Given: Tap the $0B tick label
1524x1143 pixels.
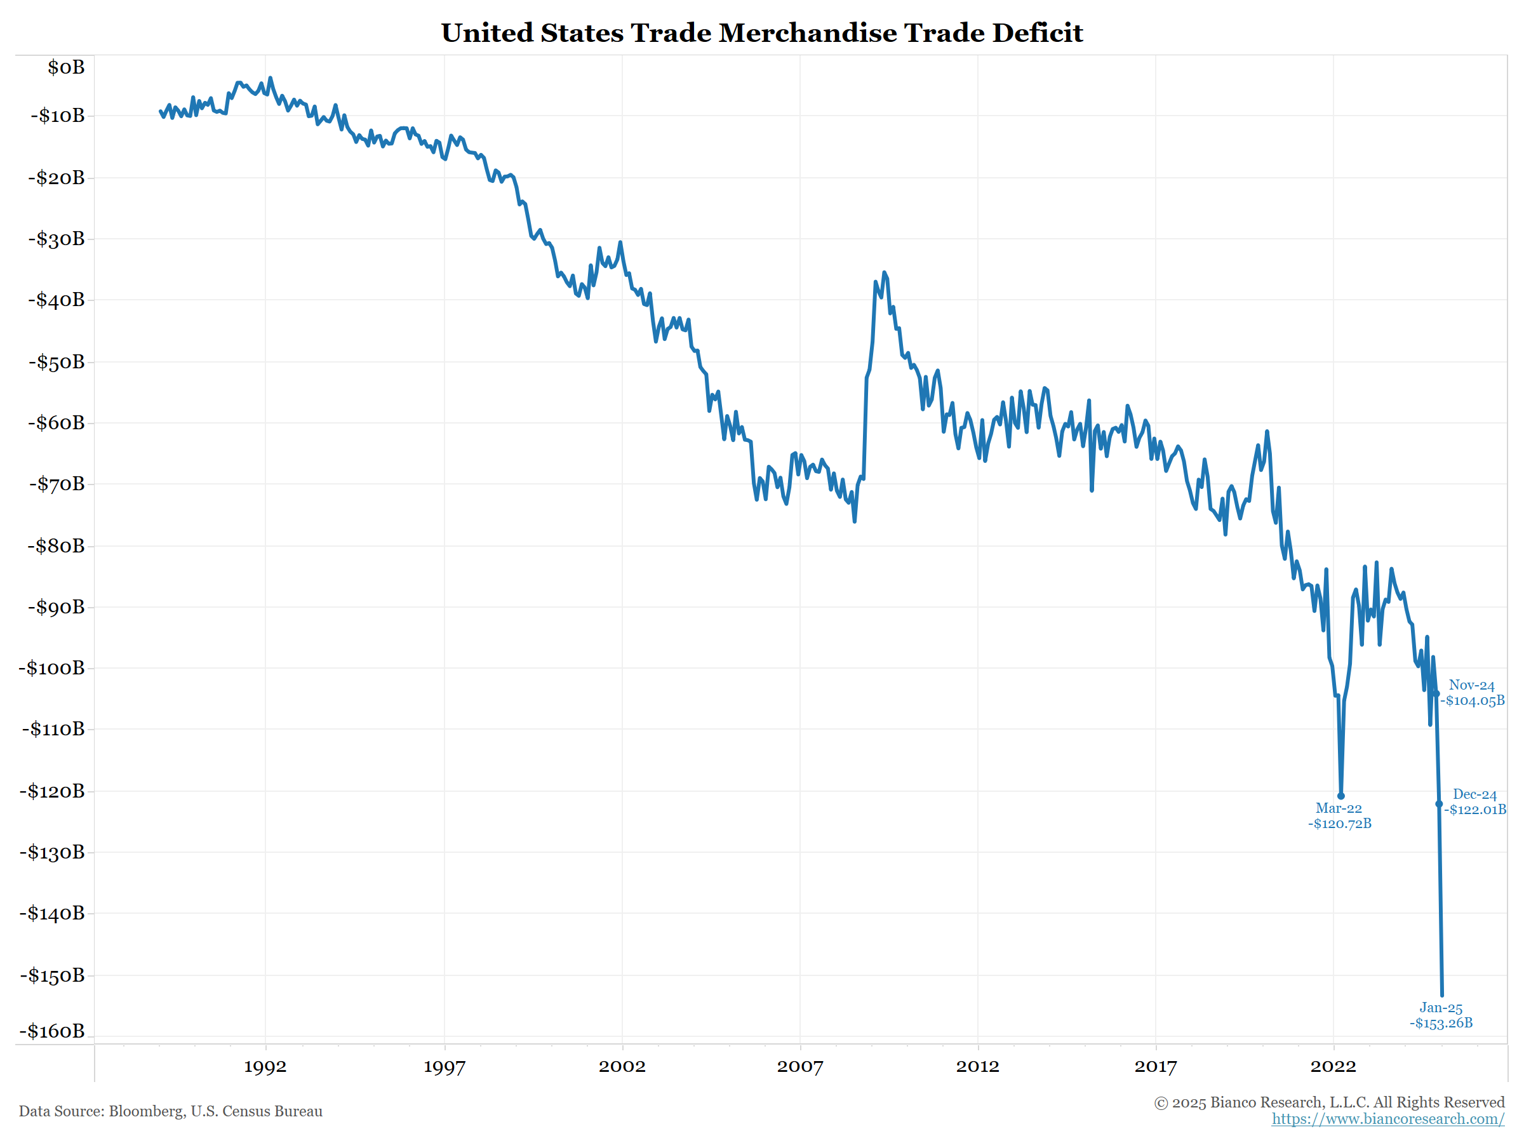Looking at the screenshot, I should [66, 67].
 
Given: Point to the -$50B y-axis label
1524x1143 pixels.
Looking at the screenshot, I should [57, 362].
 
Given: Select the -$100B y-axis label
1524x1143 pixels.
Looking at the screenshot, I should [51, 667].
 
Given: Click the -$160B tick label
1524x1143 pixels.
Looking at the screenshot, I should [51, 1031].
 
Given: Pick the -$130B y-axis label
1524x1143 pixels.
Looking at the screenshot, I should [51, 852].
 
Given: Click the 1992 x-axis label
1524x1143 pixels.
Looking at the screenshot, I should [265, 1067].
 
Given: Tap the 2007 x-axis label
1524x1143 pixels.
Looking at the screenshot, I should [800, 1067].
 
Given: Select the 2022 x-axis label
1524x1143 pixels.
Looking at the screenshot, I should [1333, 1067].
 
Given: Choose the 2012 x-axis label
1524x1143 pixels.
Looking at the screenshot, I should [978, 1067].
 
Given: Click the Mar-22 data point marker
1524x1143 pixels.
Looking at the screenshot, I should [1340, 796].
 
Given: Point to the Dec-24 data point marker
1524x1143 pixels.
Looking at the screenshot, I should [1438, 804].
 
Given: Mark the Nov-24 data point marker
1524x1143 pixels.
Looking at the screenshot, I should [1436, 694].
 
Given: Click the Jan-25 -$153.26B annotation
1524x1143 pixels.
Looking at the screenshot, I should [1441, 1015].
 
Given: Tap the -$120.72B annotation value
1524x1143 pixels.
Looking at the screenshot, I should [1339, 824].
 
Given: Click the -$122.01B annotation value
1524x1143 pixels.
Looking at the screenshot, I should [1475, 810].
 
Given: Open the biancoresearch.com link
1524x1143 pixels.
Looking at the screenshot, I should [1387, 1119].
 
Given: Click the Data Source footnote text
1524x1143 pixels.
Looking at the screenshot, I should [170, 1111].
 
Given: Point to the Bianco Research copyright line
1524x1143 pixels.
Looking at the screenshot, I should [1329, 1102].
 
